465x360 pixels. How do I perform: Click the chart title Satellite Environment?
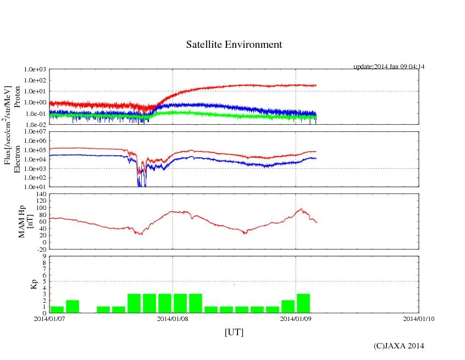point(234,45)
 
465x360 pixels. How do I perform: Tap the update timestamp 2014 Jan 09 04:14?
point(389,67)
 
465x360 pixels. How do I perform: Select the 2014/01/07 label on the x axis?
point(50,319)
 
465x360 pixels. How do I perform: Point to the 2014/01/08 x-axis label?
point(173,319)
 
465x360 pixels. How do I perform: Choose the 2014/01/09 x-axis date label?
point(296,319)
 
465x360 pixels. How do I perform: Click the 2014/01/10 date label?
point(419,319)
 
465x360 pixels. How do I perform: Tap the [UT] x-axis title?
point(234,333)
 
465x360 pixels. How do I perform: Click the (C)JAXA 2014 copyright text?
point(398,346)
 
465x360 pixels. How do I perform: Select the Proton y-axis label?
point(17,97)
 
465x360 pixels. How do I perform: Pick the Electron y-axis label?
point(17,159)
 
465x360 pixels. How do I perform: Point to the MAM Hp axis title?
point(23,218)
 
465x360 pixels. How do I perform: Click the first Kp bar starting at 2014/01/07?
point(57,309)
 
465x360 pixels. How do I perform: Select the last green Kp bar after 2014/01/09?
point(303,303)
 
